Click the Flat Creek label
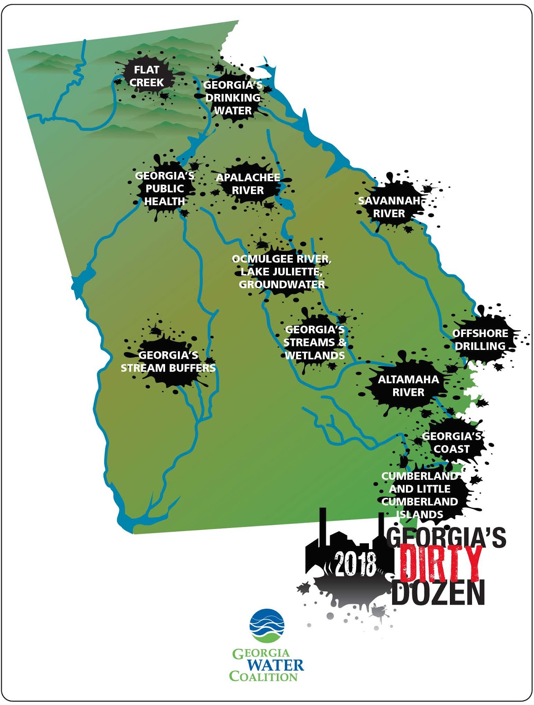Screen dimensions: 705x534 [147, 76]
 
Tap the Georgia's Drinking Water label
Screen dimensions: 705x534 [233, 98]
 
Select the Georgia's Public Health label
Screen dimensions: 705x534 [165, 189]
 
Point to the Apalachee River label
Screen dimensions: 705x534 [248, 184]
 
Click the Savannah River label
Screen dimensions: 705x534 [389, 207]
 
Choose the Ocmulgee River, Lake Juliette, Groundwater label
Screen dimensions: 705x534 [282, 271]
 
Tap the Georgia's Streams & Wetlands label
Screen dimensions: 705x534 [315, 342]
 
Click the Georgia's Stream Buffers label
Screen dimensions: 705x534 [168, 361]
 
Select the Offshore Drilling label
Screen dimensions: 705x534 [480, 340]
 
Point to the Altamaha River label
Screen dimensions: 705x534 [408, 386]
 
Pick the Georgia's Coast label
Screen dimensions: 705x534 [452, 442]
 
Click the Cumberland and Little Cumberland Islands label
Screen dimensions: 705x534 [420, 495]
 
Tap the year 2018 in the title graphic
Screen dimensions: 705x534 [356, 564]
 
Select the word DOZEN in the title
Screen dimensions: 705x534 [438, 593]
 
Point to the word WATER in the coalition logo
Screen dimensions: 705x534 [275, 665]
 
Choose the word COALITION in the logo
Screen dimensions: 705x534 [263, 676]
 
